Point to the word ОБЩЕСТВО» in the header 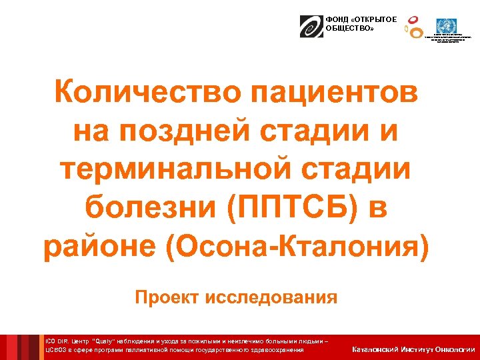(x=345, y=28)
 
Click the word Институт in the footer (x=415, y=349)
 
